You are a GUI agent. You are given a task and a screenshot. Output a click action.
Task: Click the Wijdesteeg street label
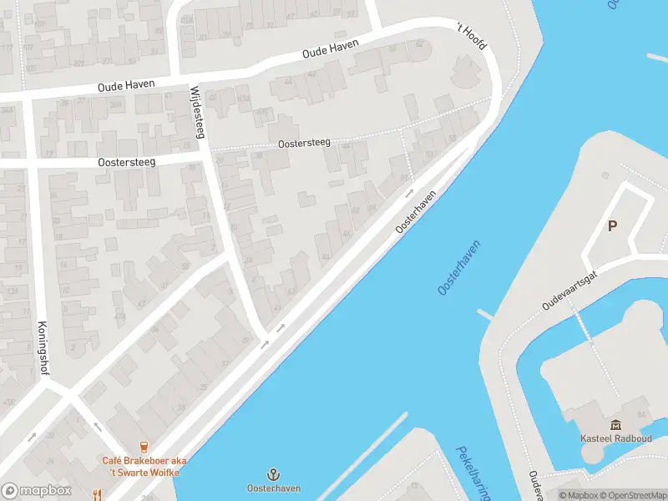click(x=197, y=112)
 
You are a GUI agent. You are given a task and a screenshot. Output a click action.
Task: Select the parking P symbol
click(x=612, y=226)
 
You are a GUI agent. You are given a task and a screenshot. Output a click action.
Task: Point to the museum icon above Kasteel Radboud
click(x=615, y=425)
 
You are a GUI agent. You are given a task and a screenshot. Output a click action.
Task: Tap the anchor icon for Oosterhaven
click(x=273, y=474)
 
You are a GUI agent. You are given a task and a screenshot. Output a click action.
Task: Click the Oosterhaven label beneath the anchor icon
click(x=273, y=488)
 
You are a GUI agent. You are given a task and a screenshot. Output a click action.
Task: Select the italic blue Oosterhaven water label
click(x=459, y=268)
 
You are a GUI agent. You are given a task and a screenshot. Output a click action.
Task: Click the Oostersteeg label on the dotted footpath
click(x=304, y=144)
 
